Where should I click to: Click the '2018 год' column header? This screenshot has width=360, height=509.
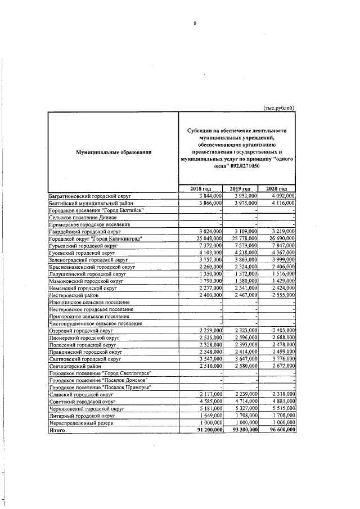tap(201, 188)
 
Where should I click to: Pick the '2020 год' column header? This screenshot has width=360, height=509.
tap(278, 188)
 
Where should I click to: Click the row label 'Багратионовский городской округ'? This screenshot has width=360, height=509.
tap(89, 195)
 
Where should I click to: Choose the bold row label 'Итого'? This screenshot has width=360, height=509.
tap(57, 429)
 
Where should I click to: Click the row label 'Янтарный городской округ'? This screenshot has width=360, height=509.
tap(81, 415)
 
